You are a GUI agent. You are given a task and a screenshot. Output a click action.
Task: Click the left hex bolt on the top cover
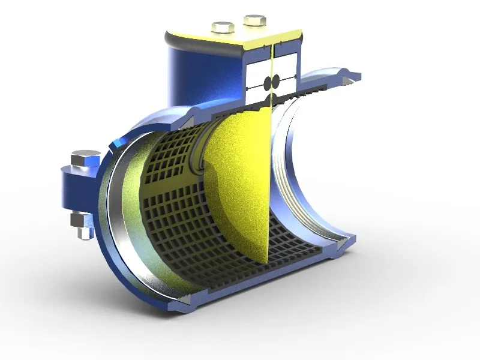point(223,28)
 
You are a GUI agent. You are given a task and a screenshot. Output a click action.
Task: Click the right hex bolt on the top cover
point(254,21)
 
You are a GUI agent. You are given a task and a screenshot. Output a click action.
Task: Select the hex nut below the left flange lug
point(80,221)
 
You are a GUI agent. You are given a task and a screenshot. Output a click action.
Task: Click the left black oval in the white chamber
point(268,82)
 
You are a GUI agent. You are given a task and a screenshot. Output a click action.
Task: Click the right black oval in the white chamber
point(277,81)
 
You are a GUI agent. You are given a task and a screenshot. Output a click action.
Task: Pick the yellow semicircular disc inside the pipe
point(240,180)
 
